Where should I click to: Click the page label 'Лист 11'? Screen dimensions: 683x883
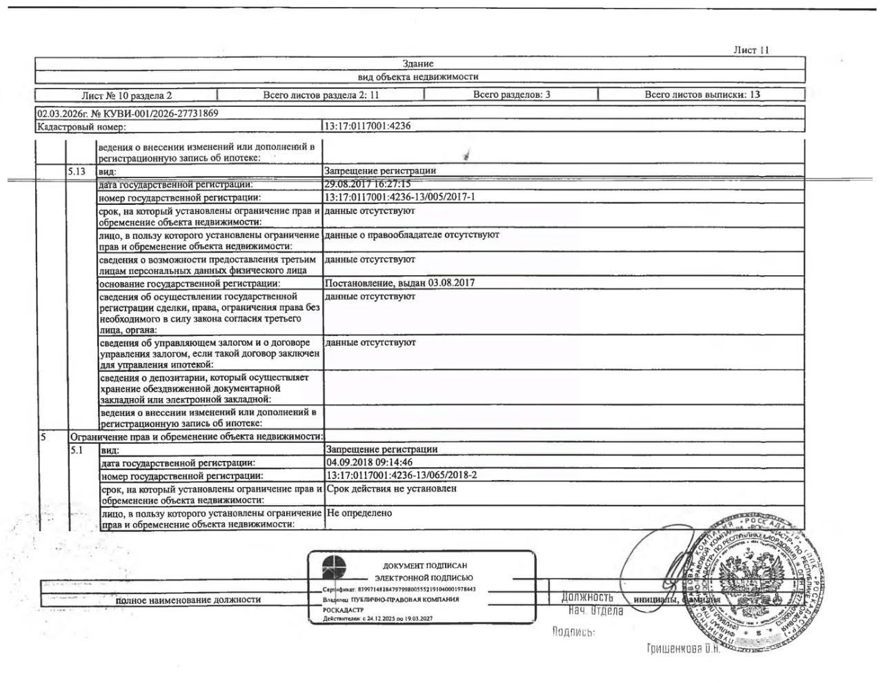click(x=751, y=50)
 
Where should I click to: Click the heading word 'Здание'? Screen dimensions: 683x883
click(x=418, y=63)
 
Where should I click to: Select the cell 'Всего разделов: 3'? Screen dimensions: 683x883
click(x=511, y=95)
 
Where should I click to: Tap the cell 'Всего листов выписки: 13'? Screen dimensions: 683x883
click(x=702, y=95)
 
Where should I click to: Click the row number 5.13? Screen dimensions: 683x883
click(x=78, y=170)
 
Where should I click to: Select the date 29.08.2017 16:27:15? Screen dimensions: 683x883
click(x=367, y=184)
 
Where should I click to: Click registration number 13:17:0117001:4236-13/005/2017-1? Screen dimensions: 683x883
click(x=399, y=197)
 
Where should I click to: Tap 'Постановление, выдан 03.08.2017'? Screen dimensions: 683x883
click(x=399, y=283)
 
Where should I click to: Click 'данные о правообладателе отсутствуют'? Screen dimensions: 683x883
click(x=412, y=235)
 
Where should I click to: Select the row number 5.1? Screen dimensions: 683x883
click(x=76, y=449)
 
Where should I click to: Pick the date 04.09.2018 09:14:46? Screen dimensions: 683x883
click(x=369, y=462)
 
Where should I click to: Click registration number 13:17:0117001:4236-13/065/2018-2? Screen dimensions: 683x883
click(x=401, y=475)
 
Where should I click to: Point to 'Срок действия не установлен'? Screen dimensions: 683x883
click(x=391, y=488)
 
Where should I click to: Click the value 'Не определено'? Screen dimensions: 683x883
click(x=359, y=513)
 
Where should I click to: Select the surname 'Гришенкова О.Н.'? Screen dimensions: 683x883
click(x=683, y=649)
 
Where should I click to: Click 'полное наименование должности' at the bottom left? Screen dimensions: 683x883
click(x=188, y=600)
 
